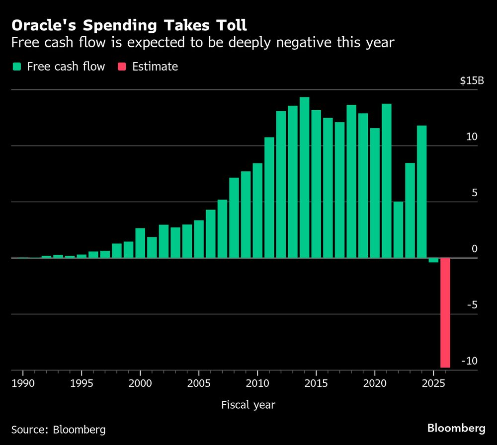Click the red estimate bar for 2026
point(445,312)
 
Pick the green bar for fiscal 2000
point(141,243)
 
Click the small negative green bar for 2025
point(433,260)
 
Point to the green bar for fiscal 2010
point(257,211)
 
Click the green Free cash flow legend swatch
point(17,67)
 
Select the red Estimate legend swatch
point(122,67)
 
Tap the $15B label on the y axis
point(472,81)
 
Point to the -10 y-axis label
point(469,361)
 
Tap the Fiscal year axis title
point(248,405)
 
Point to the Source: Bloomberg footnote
point(58,429)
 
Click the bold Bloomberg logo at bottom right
point(456,428)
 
